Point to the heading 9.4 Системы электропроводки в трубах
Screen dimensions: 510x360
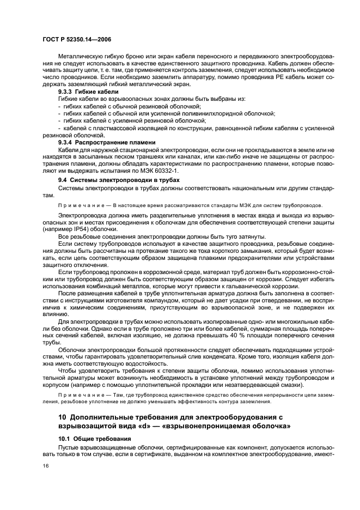(119, 179)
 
